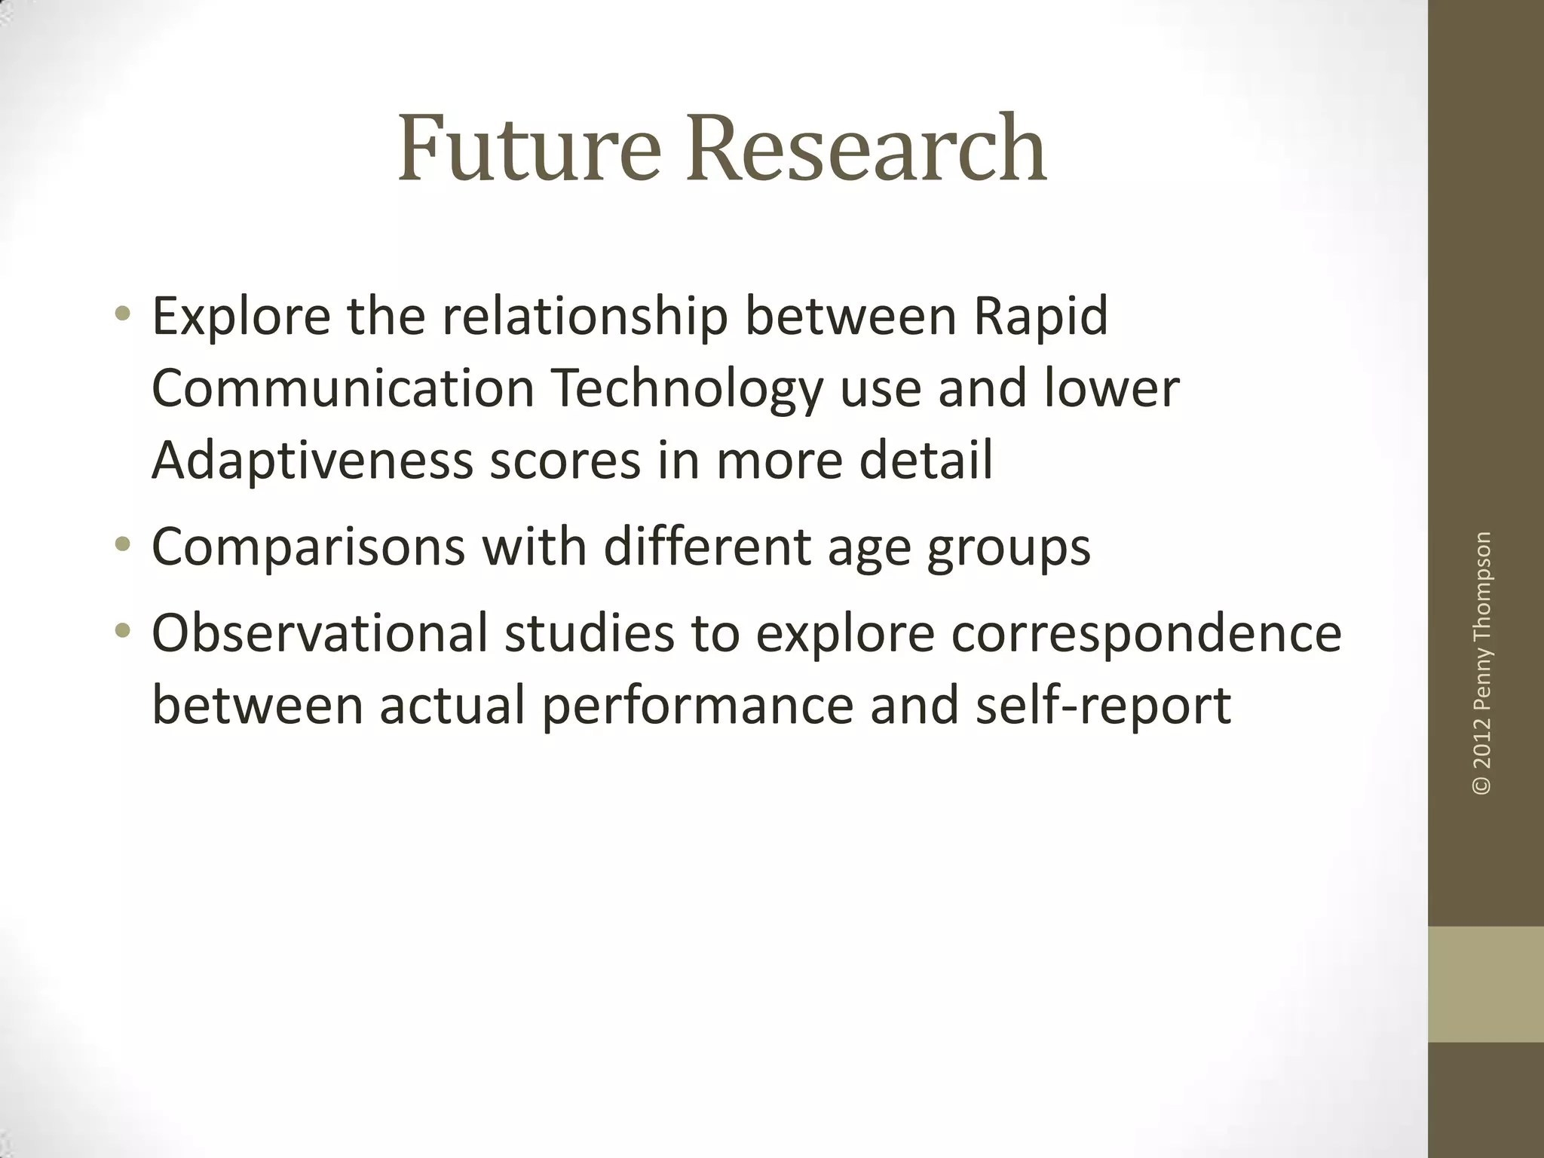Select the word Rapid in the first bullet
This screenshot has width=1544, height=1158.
click(x=1041, y=317)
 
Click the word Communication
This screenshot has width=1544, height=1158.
click(x=343, y=389)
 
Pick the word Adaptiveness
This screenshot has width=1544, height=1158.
click(x=311, y=461)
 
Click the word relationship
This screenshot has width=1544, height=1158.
click(x=584, y=317)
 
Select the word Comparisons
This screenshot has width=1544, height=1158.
click(x=308, y=548)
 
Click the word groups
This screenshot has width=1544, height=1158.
click(x=1009, y=548)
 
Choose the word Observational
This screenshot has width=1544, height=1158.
click(x=320, y=633)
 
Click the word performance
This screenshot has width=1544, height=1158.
click(x=697, y=706)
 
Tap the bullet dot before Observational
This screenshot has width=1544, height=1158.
click(x=123, y=630)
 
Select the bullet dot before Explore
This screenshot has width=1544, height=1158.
click(x=123, y=314)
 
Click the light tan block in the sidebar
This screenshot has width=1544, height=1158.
click(x=1486, y=984)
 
